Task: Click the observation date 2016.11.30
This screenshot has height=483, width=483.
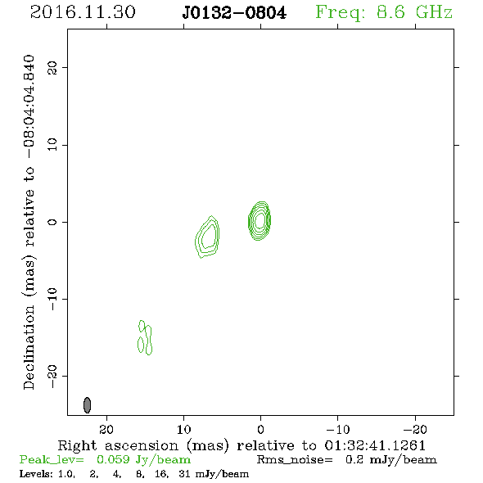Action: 83,12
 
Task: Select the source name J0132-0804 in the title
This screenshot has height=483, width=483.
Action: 234,13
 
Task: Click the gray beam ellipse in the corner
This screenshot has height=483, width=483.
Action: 87,405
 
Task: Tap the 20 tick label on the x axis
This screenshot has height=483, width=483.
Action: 106,429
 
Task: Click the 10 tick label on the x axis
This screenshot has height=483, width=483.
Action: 184,429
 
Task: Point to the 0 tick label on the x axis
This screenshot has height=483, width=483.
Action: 260,429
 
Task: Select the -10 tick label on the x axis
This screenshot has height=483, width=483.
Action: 338,429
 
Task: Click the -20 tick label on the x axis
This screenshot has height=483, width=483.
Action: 415,429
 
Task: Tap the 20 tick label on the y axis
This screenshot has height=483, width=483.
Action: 52,67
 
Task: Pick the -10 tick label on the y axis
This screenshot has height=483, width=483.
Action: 52,299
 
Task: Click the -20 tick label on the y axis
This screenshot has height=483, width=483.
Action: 52,376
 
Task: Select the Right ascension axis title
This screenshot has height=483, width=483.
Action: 241,445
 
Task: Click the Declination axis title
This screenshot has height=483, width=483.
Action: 29,222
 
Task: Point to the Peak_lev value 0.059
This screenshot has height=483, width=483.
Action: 113,459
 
